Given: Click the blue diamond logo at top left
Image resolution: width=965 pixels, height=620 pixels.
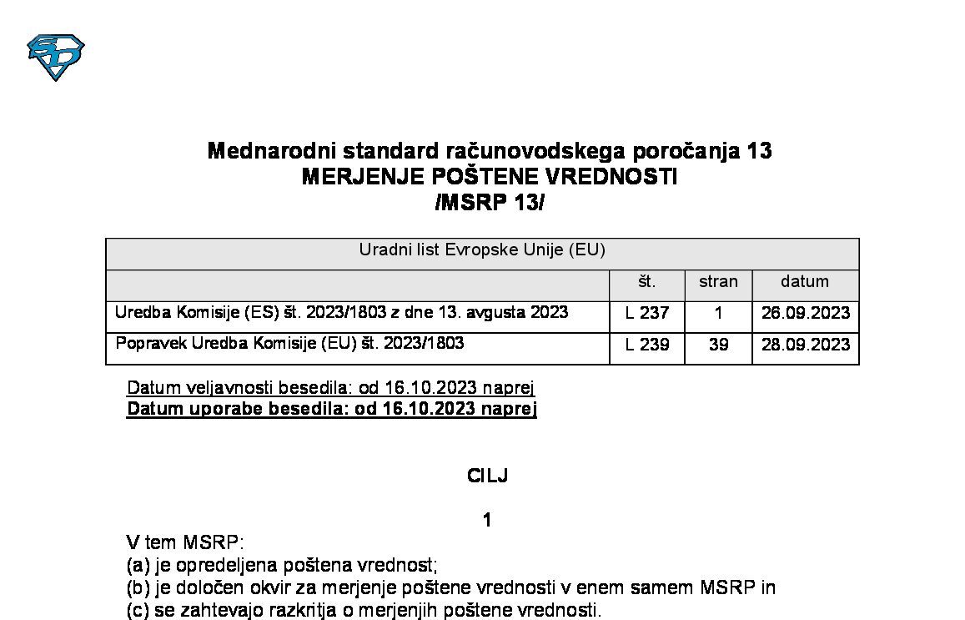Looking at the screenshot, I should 56,57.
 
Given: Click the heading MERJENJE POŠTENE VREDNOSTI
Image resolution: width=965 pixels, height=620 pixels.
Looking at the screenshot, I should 489,177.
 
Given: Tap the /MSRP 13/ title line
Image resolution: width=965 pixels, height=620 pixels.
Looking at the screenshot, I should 489,203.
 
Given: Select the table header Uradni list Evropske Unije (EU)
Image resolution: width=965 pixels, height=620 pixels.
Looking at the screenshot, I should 482,250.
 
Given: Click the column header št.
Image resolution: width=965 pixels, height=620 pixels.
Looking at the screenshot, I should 646,282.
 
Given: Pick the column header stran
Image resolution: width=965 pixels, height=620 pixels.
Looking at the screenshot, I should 718,282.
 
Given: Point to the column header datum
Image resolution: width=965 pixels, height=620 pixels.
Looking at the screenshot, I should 805,282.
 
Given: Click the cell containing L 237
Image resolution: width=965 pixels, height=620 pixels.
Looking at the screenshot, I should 647,314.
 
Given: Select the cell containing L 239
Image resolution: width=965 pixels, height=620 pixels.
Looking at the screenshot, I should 647,345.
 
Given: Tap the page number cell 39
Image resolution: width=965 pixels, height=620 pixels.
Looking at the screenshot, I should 718,345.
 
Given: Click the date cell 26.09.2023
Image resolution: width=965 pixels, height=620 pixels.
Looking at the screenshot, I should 806,314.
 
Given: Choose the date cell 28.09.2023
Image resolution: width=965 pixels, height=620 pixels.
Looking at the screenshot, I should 806,345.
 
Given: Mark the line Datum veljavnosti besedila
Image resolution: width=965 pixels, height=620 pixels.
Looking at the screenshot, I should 330,388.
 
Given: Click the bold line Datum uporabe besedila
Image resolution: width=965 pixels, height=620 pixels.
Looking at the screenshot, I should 331,409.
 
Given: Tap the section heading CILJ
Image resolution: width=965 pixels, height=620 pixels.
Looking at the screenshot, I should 488,476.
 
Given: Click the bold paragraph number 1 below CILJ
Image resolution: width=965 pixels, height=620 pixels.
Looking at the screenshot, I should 487,521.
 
